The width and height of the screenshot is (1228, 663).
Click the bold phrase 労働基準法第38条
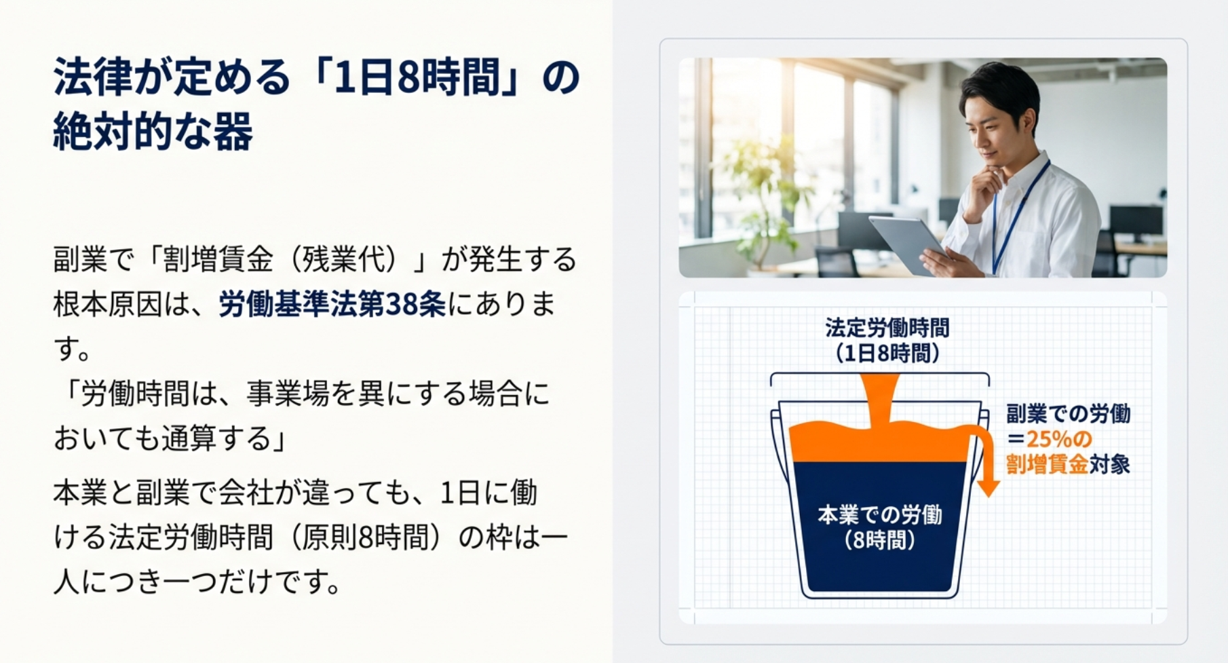[332, 305]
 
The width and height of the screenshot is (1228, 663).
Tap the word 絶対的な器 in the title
[153, 131]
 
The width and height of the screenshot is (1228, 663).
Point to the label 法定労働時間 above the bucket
[887, 328]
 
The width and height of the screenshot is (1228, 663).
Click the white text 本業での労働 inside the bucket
[880, 515]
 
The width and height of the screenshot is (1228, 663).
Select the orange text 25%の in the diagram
[1059, 438]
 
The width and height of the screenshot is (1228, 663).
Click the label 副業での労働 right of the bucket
[1069, 413]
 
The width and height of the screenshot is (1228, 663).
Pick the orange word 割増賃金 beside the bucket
[1047, 464]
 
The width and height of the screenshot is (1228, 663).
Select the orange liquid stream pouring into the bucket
[879, 400]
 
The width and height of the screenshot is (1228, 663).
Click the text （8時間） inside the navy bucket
[880, 541]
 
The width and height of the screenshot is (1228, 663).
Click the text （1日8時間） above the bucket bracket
[887, 353]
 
